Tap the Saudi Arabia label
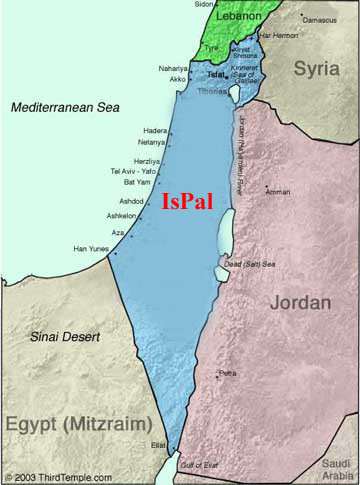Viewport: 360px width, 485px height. [x=341, y=469]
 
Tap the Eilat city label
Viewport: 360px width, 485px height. [x=159, y=445]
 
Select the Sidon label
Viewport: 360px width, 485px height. [x=204, y=4]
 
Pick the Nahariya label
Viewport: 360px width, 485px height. [x=172, y=68]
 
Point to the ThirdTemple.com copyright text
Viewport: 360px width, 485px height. [x=56, y=477]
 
